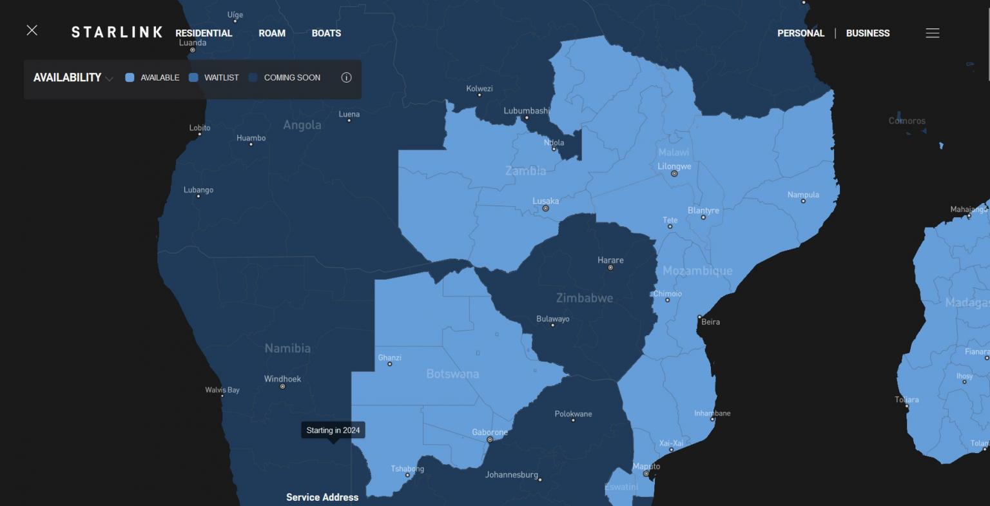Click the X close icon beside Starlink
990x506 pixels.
[32, 30]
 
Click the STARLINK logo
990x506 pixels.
[117, 33]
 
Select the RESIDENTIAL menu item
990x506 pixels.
[204, 34]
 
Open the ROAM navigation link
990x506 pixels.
[272, 34]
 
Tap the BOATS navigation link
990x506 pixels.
[326, 34]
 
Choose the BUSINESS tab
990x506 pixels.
[868, 34]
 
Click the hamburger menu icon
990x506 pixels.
[932, 34]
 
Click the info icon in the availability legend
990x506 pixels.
[346, 77]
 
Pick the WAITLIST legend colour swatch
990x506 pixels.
[193, 77]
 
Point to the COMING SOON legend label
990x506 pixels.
[292, 77]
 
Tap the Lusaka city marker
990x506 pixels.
[545, 208]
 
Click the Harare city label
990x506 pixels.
[610, 260]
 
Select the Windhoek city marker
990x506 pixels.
[282, 386]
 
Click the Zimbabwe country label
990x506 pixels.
[585, 298]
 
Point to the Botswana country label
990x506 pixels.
[452, 374]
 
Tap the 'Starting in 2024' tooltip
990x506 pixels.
[333, 430]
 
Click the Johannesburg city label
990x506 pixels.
[511, 475]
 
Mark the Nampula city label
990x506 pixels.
[803, 195]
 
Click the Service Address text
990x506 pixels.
[322, 497]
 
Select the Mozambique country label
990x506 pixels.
[697, 271]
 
